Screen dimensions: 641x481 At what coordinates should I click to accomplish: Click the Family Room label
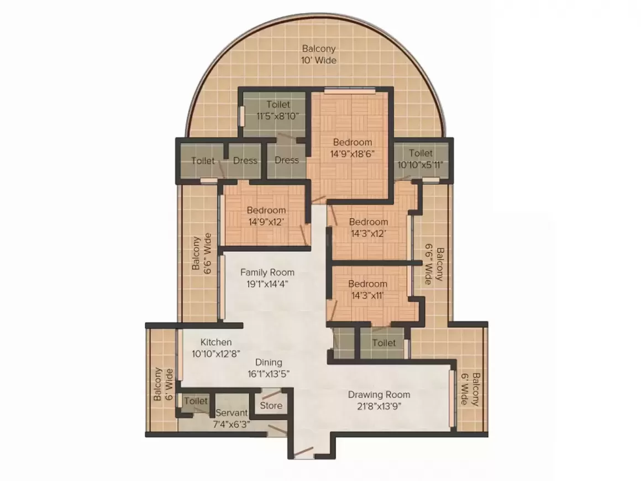[x=267, y=273]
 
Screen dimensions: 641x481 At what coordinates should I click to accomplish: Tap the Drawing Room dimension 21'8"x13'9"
[x=379, y=406]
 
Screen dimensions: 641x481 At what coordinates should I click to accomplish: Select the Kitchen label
[x=216, y=342]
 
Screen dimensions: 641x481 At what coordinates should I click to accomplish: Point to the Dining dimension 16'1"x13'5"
[x=268, y=374]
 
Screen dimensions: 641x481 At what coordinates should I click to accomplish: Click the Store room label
[x=271, y=405]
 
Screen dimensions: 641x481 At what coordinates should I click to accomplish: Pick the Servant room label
[x=232, y=412]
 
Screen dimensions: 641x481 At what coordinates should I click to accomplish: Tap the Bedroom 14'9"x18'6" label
[x=353, y=142]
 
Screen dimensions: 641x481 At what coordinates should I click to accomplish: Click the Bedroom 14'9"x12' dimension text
[x=266, y=222]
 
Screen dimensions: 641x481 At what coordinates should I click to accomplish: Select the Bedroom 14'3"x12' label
[x=369, y=222]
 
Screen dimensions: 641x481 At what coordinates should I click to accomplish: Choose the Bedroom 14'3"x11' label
[x=367, y=284]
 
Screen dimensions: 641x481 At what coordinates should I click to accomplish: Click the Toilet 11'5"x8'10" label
[x=279, y=104]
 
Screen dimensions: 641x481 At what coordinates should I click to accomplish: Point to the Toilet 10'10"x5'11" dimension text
[x=421, y=165]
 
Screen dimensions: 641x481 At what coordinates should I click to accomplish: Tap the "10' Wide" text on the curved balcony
[x=319, y=60]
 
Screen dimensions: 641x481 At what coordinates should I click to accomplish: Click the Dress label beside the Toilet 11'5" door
[x=287, y=160]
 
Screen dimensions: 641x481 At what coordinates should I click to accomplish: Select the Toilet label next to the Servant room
[x=196, y=401]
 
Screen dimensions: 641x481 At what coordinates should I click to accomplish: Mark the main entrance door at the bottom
[x=303, y=452]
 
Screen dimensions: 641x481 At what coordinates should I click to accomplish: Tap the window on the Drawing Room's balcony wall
[x=451, y=399]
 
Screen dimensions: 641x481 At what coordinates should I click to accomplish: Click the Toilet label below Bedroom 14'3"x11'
[x=384, y=343]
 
